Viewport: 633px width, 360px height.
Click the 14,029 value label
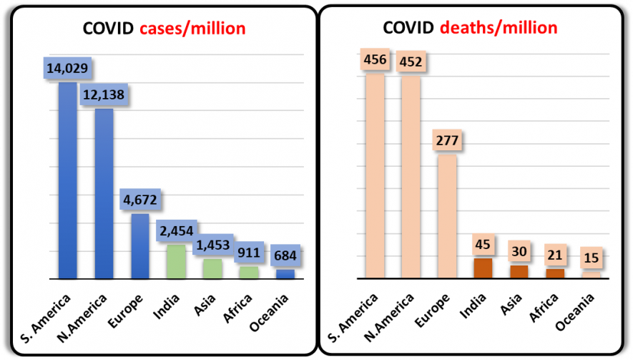(x=67, y=69)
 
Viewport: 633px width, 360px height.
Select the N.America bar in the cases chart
(x=104, y=193)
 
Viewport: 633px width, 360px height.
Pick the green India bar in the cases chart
(x=175, y=261)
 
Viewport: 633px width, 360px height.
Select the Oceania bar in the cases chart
(x=285, y=273)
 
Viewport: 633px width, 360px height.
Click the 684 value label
(x=285, y=256)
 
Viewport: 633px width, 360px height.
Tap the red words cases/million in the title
(x=192, y=29)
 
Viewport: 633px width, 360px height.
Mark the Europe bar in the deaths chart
(x=447, y=216)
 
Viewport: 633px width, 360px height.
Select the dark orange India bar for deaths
(x=483, y=268)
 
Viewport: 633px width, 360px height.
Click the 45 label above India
(x=483, y=244)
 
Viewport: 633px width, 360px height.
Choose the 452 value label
(x=411, y=60)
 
